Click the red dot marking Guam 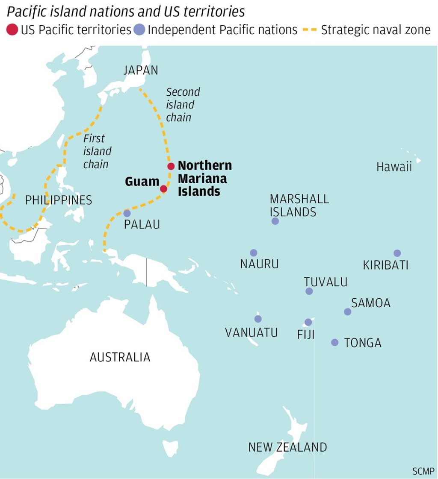coord(163,189)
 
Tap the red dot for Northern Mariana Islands coord(171,166)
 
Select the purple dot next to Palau coord(127,213)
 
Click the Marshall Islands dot coord(275,221)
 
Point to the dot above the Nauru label coord(254,253)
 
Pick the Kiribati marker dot coord(397,253)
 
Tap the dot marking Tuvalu coord(309,291)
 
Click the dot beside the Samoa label coord(348,312)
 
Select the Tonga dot coord(335,342)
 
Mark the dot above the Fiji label coord(308,322)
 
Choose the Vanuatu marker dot coord(258,319)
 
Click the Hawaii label coord(394,167)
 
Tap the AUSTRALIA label coord(120,357)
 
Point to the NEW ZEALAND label coord(287,447)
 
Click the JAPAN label coord(141,70)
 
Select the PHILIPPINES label coord(59,200)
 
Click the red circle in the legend coord(12,30)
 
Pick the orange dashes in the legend coord(310,30)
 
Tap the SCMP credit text coord(423,471)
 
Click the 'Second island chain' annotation coord(183,104)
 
